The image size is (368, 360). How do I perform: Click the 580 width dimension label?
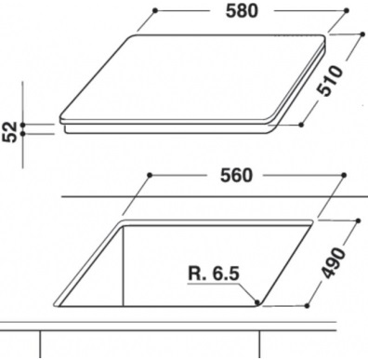[242, 11]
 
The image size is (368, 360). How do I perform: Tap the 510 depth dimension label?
[330, 81]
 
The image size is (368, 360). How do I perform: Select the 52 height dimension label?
[9, 132]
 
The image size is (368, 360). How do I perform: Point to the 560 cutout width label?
[236, 176]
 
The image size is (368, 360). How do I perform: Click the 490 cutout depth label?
[333, 262]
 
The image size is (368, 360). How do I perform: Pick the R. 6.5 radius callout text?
[214, 273]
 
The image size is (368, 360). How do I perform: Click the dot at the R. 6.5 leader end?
[256, 301]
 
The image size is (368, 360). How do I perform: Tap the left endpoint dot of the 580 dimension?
[155, 10]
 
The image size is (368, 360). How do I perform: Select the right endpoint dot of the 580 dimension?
[347, 10]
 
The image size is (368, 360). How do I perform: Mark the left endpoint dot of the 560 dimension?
[150, 175]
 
